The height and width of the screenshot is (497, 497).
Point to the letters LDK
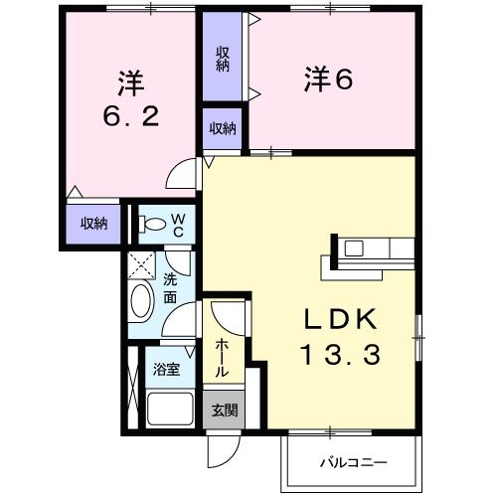click(339, 320)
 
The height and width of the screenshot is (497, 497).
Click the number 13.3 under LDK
click(339, 353)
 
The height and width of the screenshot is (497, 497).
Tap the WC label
click(176, 224)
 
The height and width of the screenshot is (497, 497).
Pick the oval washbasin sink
click(141, 302)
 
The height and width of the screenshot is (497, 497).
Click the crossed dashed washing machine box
click(140, 264)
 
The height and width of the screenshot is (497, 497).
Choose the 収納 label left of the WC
click(93, 223)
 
